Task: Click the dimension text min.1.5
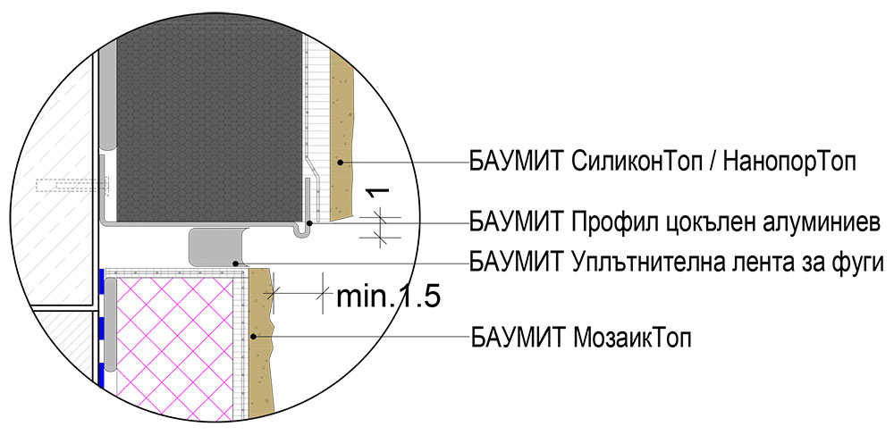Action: pos(386,297)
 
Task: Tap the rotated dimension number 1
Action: pos(380,193)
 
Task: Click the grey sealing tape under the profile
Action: pos(217,246)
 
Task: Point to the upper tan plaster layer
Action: pos(343,134)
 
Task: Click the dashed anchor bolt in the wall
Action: pos(72,188)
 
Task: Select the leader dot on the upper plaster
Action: pos(341,163)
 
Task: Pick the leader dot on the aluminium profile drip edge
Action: pos(309,222)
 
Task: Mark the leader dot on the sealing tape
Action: pos(235,264)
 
